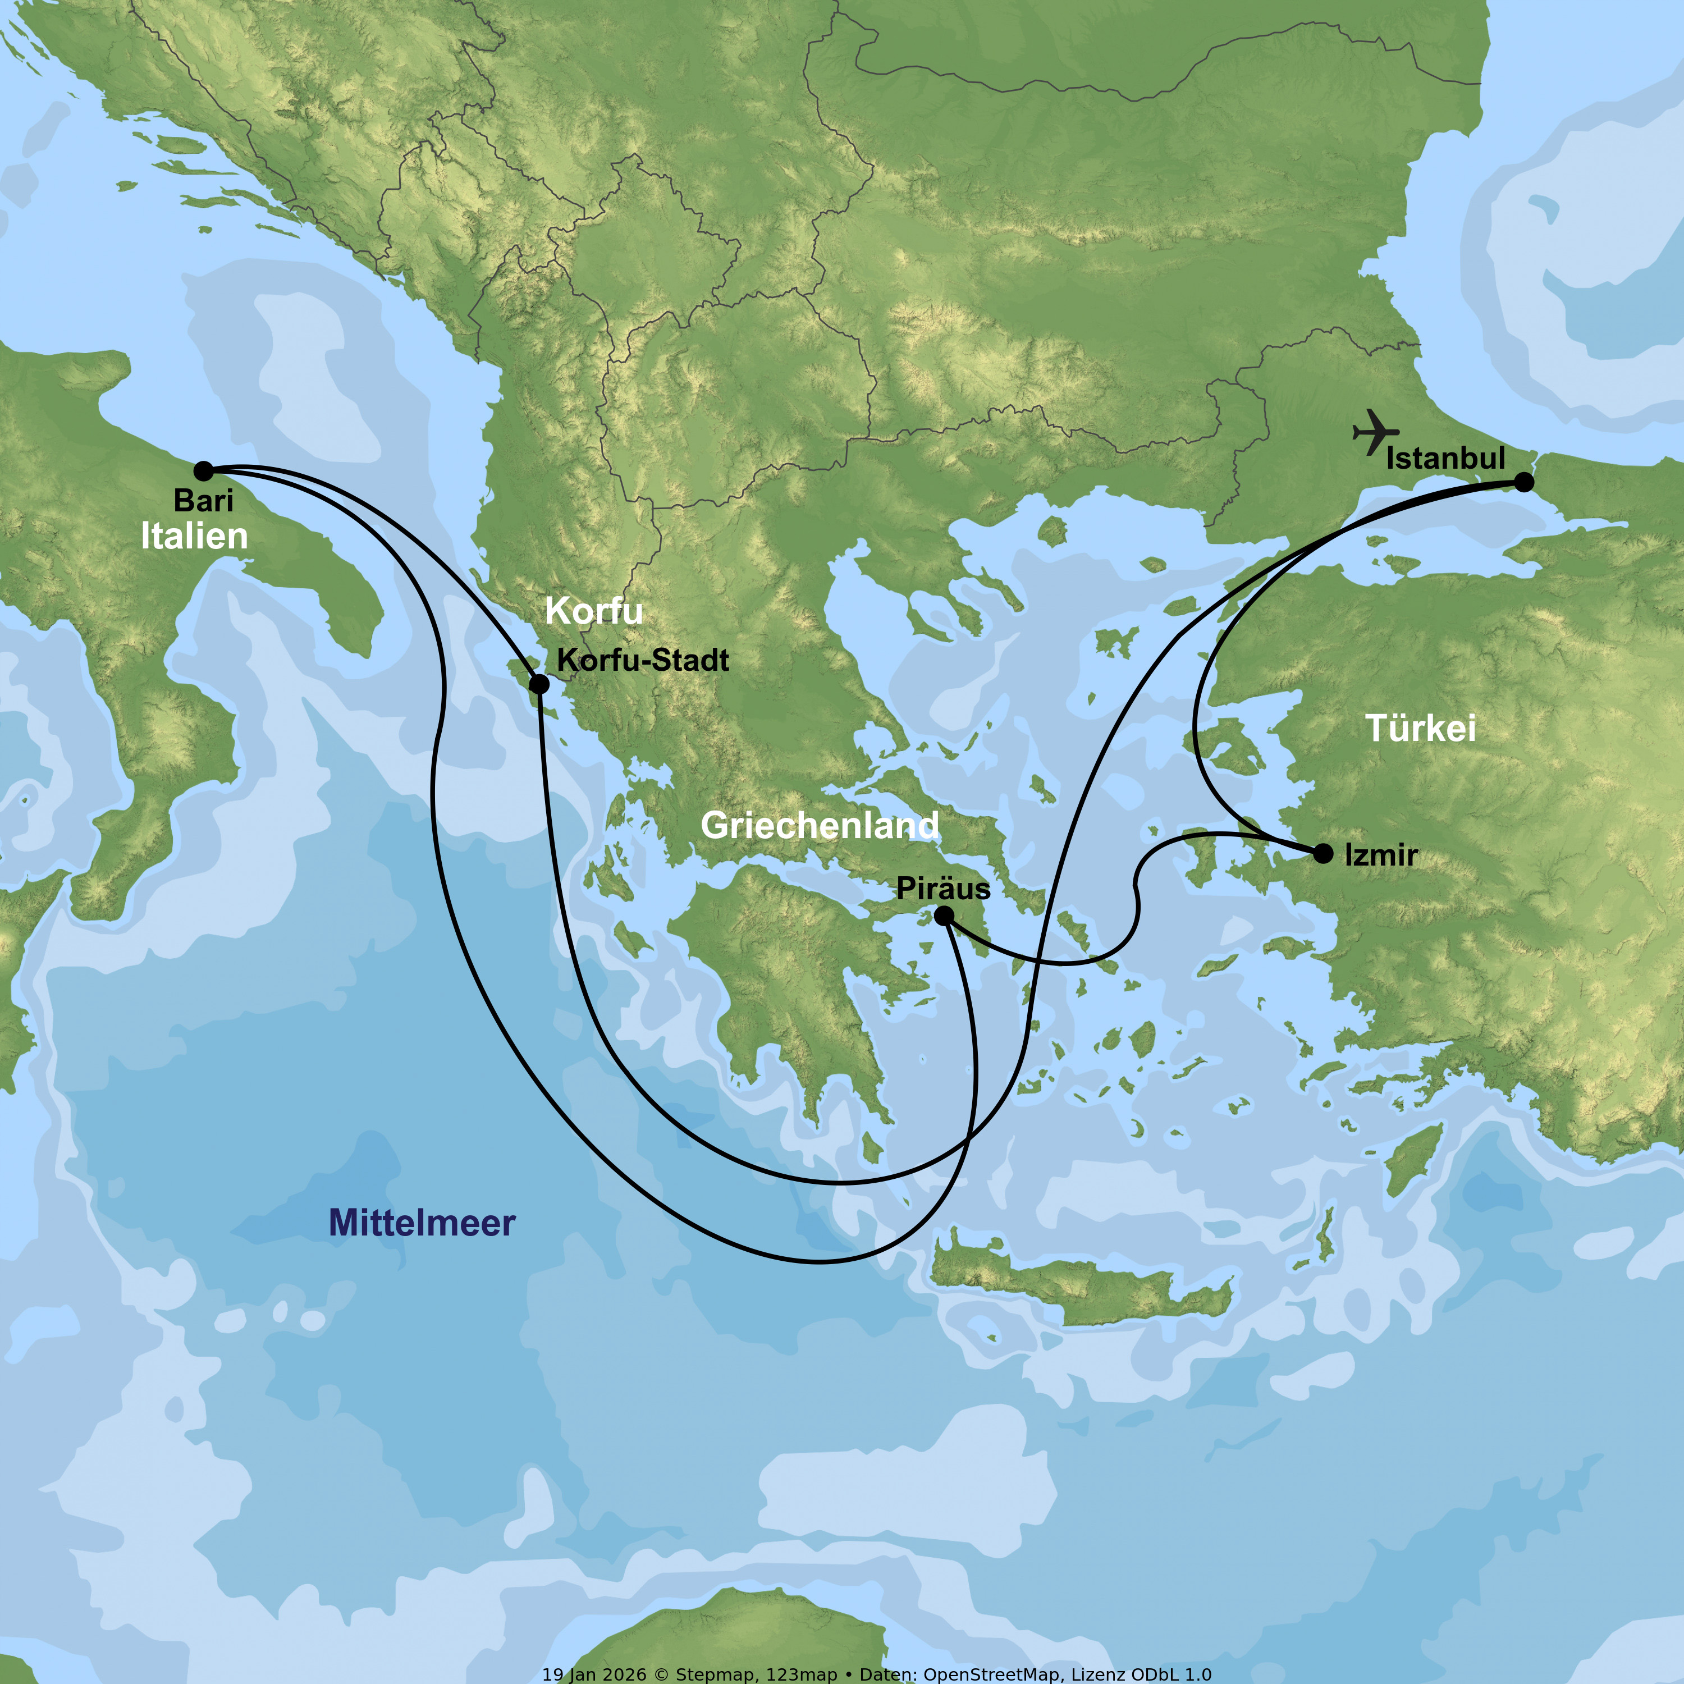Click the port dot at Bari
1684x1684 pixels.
coord(203,472)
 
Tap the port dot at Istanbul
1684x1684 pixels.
coord(1523,482)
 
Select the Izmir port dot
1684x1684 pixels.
coord(1323,853)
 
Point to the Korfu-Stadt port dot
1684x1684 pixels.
coord(539,684)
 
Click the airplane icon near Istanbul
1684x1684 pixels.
coord(1375,432)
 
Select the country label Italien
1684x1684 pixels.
coord(194,536)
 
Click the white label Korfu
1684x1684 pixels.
coord(593,611)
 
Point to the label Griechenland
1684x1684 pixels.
coord(820,825)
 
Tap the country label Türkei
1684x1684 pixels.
coord(1421,728)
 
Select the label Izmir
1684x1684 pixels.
coord(1381,855)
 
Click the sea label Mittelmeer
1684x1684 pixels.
coord(422,1223)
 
